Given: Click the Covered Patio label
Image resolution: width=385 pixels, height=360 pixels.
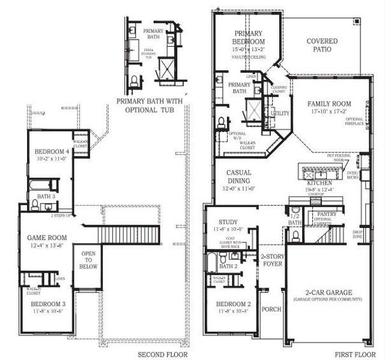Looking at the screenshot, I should (x=322, y=46).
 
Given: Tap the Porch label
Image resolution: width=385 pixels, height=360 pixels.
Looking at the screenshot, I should (x=271, y=310).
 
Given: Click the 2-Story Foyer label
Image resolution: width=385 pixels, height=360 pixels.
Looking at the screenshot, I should (x=272, y=260).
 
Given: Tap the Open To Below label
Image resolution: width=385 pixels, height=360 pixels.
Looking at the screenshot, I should (x=88, y=260).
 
